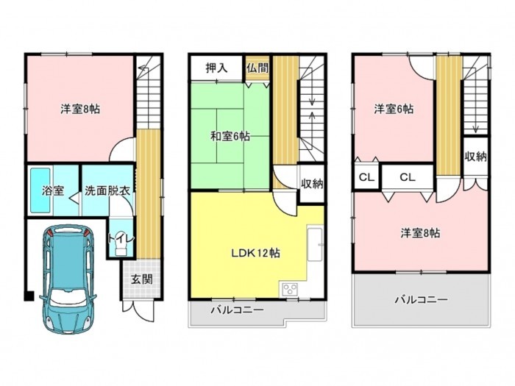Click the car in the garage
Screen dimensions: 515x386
(68, 279)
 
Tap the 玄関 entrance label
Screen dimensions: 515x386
(142, 279)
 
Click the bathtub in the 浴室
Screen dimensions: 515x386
(40, 190)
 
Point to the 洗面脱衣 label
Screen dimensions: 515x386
(107, 190)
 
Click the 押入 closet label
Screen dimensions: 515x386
(216, 68)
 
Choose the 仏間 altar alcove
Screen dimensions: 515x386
(257, 68)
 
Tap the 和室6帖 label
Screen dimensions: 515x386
(230, 136)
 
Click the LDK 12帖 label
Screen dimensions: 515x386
(256, 253)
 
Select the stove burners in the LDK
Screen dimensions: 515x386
(290, 290)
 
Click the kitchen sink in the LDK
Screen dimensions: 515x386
(315, 244)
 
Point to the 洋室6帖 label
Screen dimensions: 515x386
(394, 109)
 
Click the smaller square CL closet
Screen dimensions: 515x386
(366, 177)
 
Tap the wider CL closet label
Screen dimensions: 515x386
(408, 177)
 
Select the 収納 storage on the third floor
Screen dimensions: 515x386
(475, 157)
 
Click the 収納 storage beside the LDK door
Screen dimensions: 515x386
(312, 184)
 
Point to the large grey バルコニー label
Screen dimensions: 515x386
(421, 299)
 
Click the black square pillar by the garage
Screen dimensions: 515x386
(29, 296)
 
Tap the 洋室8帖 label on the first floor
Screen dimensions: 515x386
(80, 109)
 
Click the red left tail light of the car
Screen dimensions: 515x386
(50, 233)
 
